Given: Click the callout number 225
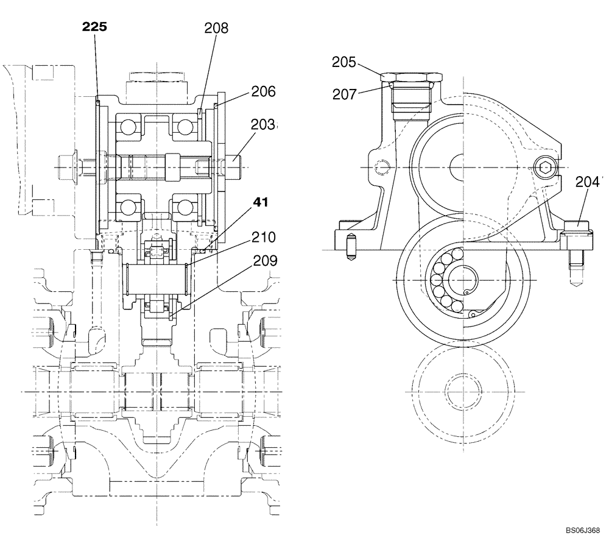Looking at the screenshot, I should click(97, 27).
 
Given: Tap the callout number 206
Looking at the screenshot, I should click(262, 92).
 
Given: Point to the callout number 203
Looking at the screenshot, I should click(264, 126).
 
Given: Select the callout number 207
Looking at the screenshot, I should click(345, 94).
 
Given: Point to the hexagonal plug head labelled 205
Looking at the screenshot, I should click(410, 77).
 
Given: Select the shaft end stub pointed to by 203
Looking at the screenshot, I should click(238, 163).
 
